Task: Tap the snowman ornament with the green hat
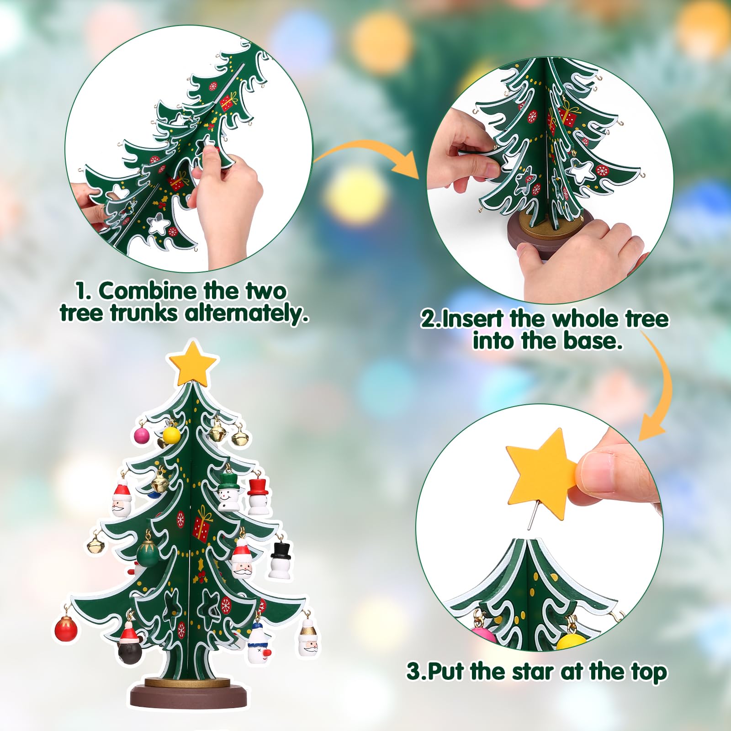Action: tap(228, 491)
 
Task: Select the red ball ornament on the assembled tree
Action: tap(66, 628)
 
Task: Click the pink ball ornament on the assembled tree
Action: tap(142, 435)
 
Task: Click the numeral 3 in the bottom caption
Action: tap(413, 672)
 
